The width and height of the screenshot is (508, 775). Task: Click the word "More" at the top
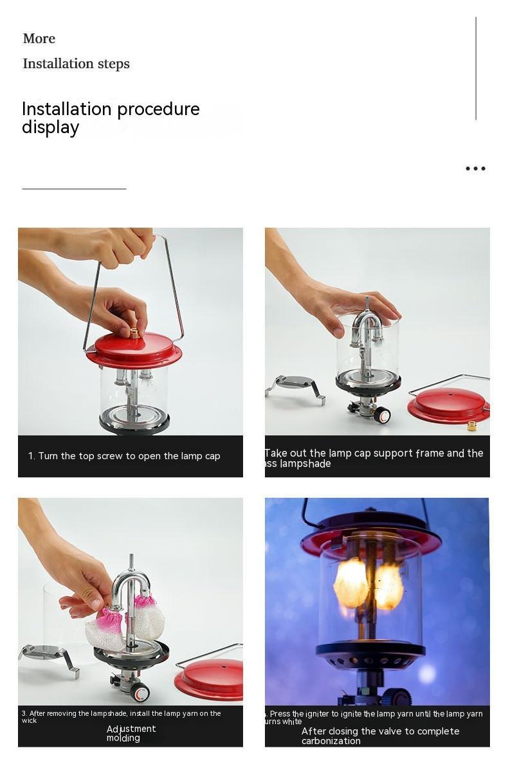click(39, 39)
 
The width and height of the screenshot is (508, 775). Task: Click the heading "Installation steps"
click(76, 64)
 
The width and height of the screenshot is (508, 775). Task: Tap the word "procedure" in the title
click(154, 109)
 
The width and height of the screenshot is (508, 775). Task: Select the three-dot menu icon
click(475, 169)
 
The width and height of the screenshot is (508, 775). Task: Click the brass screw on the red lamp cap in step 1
click(135, 333)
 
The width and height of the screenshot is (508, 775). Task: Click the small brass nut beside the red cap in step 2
click(471, 426)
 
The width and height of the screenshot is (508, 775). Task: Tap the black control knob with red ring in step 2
click(382, 415)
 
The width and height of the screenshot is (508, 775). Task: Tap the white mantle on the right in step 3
click(149, 617)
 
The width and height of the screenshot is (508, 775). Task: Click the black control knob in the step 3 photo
click(139, 693)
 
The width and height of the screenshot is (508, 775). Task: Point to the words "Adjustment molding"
click(131, 733)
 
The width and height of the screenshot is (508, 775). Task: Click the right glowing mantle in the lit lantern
click(389, 587)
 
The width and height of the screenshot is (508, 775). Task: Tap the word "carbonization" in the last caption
click(331, 741)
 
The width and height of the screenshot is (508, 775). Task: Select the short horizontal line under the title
click(74, 189)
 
